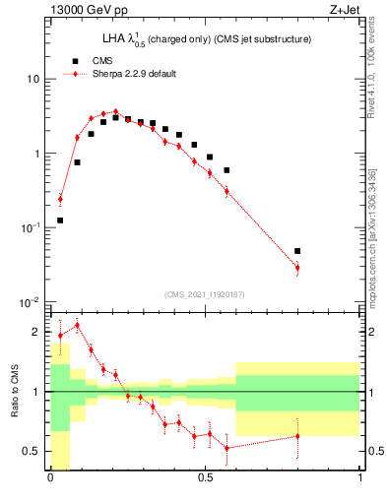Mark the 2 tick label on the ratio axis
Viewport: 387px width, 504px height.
point(37,333)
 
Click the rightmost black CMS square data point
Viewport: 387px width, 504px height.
point(297,251)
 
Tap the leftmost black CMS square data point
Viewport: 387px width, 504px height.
point(60,220)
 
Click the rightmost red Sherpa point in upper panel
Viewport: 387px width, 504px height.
point(297,268)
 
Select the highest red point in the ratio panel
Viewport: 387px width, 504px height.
point(77,325)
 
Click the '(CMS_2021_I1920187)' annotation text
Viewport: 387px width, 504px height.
point(205,295)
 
